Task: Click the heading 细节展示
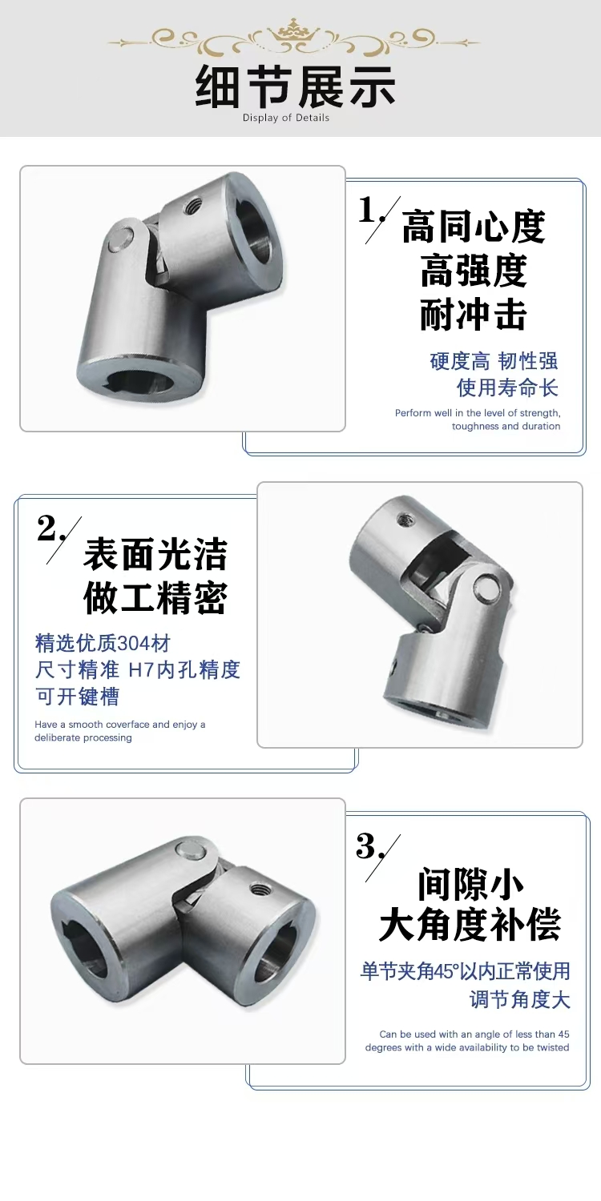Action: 296,86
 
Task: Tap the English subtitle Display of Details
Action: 286,118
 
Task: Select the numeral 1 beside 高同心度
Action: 368,209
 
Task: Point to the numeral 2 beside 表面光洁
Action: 46,528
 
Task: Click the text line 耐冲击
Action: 474,315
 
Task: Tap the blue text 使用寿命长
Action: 507,388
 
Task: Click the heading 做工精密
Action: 155,598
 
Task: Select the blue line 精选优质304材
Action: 103,643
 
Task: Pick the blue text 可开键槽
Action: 77,697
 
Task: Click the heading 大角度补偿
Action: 470,924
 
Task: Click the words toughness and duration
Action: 506,426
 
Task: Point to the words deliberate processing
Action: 83,737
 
